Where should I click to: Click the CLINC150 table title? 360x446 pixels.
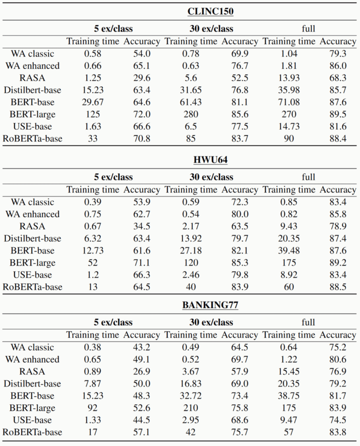click(x=211, y=11)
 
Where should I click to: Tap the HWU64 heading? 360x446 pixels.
click(x=211, y=160)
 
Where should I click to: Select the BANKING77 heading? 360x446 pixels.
click(x=210, y=305)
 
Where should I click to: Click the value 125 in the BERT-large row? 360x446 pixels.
click(x=93, y=115)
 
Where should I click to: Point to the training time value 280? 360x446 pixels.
click(x=190, y=115)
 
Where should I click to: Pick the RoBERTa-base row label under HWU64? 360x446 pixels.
click(x=32, y=287)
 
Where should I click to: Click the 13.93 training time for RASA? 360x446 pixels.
click(x=289, y=78)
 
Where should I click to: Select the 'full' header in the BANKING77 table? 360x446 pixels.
click(x=308, y=322)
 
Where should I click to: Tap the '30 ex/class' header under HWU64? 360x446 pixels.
click(x=211, y=177)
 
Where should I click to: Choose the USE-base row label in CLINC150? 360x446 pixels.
click(x=32, y=126)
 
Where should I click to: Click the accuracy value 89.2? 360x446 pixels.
click(x=338, y=263)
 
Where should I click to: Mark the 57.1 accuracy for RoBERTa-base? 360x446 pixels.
click(x=142, y=432)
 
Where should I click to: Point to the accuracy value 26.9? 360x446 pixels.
click(x=142, y=372)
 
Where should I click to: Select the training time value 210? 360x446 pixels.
click(x=190, y=408)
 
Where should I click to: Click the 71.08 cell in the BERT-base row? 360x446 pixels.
click(x=289, y=102)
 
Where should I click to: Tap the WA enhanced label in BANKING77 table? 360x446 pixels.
click(x=32, y=359)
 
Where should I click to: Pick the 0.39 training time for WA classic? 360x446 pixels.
click(x=93, y=202)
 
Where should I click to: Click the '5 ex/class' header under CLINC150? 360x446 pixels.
click(x=113, y=28)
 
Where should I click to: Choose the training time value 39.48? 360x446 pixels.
click(x=289, y=250)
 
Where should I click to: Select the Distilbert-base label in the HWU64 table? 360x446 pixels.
click(x=32, y=238)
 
